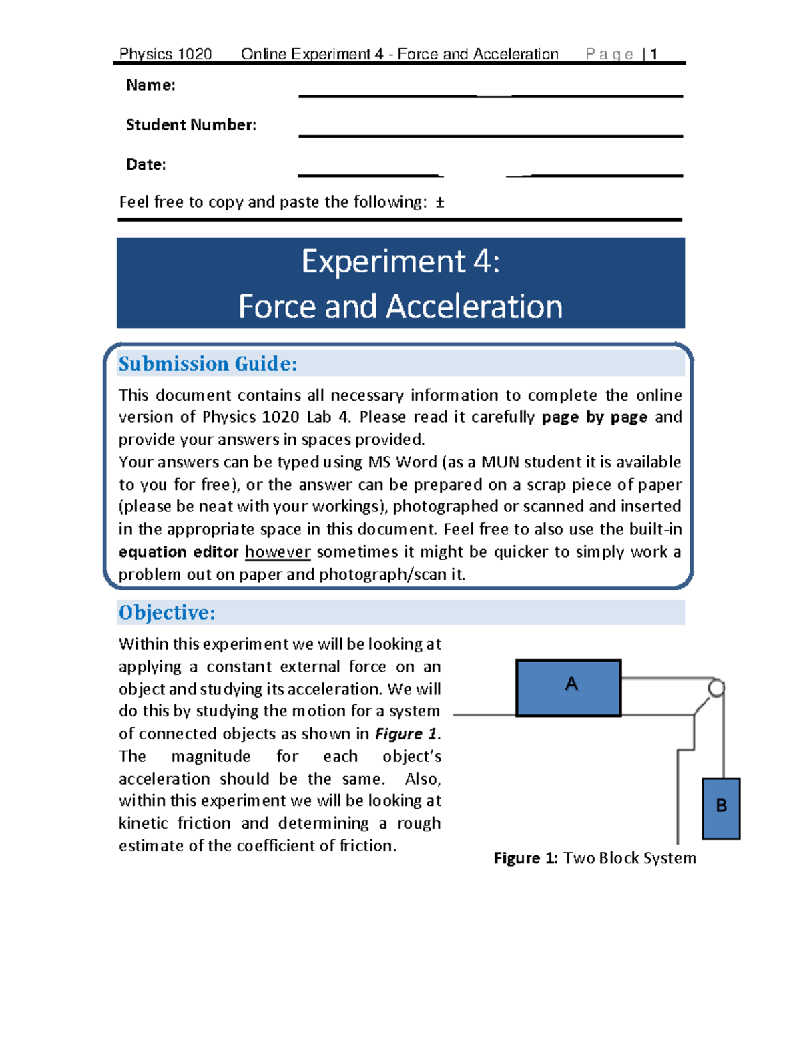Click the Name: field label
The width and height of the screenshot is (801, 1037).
(x=150, y=85)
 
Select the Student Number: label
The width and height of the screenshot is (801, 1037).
(x=191, y=125)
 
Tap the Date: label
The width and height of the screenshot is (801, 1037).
(x=146, y=164)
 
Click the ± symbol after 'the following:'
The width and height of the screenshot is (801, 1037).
(x=439, y=202)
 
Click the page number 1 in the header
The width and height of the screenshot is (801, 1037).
(x=654, y=54)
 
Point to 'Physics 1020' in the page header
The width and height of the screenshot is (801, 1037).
(x=165, y=54)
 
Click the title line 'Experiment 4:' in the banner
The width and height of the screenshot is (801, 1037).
(x=400, y=261)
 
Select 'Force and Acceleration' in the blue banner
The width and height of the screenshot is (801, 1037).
(x=400, y=306)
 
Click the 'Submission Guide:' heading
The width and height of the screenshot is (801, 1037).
(x=208, y=364)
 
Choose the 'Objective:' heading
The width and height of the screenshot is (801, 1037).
(x=167, y=612)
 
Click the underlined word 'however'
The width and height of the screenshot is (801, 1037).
(x=278, y=552)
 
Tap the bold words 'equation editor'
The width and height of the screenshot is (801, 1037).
(x=178, y=552)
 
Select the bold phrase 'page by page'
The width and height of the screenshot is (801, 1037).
(x=594, y=417)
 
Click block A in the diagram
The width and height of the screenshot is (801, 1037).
(x=569, y=688)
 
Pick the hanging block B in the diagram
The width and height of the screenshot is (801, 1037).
(x=721, y=808)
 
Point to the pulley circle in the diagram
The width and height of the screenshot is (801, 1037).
(x=716, y=688)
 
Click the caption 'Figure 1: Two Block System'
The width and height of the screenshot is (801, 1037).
(x=594, y=858)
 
